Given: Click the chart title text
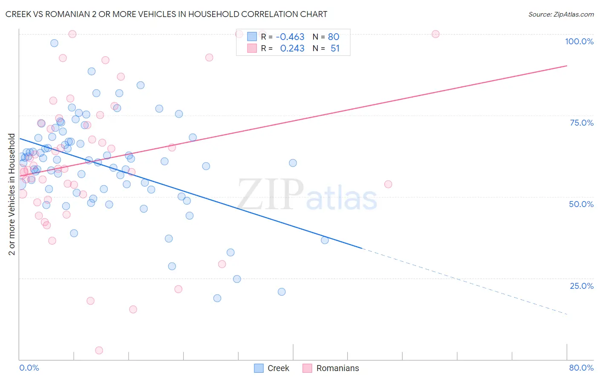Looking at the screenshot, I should [166, 14].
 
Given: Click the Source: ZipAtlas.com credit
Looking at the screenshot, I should [561, 14].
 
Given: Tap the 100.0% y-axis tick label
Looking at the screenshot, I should [579, 41].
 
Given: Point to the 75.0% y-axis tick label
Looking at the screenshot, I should [582, 123].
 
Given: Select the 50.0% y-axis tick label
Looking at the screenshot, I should [581, 204].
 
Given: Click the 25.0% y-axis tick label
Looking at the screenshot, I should [582, 285].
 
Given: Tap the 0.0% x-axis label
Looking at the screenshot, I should [29, 368].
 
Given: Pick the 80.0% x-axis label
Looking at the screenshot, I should [581, 368].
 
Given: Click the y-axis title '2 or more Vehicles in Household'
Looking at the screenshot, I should [12, 194].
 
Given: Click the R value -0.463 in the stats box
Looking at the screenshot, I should [290, 37].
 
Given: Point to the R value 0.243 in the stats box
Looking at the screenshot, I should [292, 49].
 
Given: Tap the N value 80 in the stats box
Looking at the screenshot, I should [334, 37].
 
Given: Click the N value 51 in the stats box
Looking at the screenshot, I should [335, 49].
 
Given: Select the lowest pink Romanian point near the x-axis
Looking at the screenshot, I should [99, 350].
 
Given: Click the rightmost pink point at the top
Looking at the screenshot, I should [435, 34].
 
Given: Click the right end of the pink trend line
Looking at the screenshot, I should [566, 66].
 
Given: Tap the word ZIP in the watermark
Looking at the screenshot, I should [270, 194].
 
